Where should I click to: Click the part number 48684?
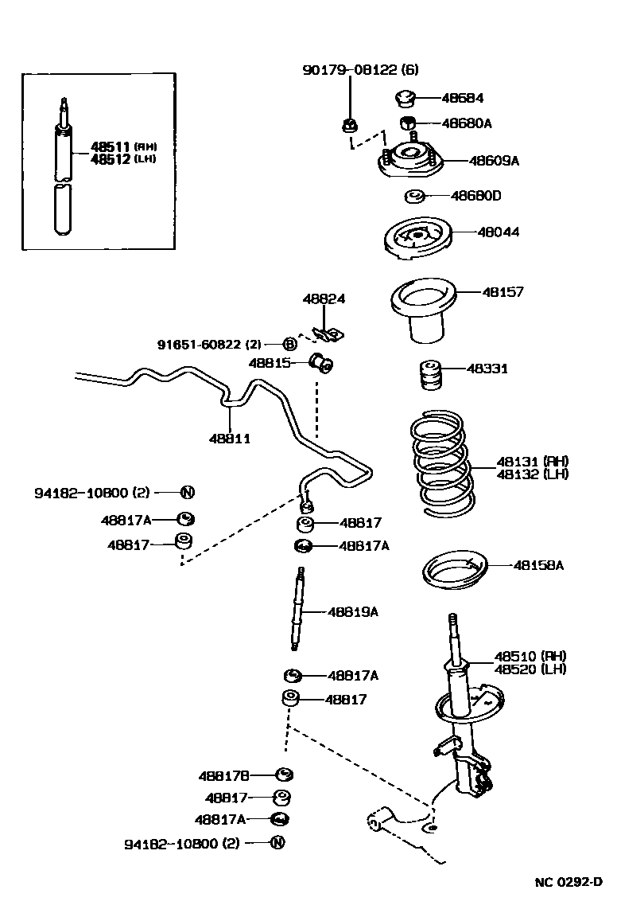(462, 99)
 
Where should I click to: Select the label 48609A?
(493, 161)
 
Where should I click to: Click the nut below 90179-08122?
(347, 124)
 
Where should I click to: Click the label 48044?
(499, 232)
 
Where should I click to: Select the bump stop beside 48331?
(431, 376)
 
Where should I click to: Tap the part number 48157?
(503, 292)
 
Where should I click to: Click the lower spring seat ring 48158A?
(453, 573)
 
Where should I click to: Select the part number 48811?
(230, 439)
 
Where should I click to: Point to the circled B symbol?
(290, 344)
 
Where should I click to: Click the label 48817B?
(224, 775)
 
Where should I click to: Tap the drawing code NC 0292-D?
(568, 882)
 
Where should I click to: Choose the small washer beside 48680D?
(413, 197)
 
